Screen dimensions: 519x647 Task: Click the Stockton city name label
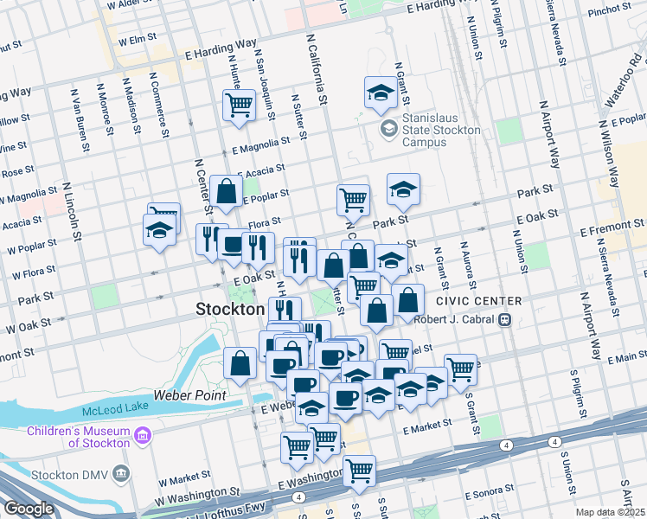[230, 309]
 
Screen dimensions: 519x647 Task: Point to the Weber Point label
[189, 395]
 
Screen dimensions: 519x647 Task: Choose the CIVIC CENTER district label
[478, 301]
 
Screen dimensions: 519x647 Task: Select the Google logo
[29, 508]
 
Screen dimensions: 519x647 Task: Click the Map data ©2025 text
[610, 512]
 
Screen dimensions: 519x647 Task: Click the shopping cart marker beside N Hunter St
[239, 105]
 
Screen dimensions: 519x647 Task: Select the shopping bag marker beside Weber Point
[240, 364]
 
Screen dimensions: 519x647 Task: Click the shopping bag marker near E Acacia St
[226, 192]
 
